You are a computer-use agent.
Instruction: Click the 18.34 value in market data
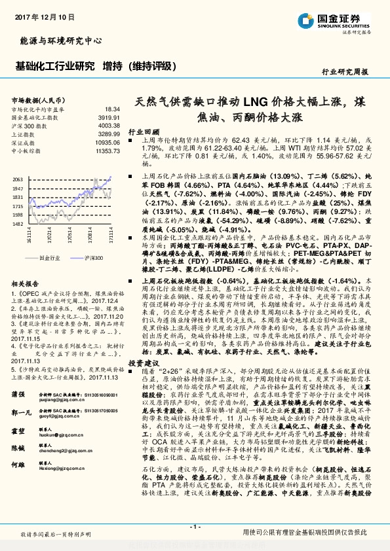click(112, 109)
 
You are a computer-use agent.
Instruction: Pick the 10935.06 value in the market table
click(107, 142)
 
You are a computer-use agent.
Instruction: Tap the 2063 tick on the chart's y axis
click(18, 179)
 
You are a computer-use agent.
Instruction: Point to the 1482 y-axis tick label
click(18, 224)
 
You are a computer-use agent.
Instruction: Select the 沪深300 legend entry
click(94, 259)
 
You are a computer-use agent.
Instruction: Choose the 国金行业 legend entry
click(50, 259)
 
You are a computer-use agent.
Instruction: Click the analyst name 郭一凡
click(21, 414)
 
